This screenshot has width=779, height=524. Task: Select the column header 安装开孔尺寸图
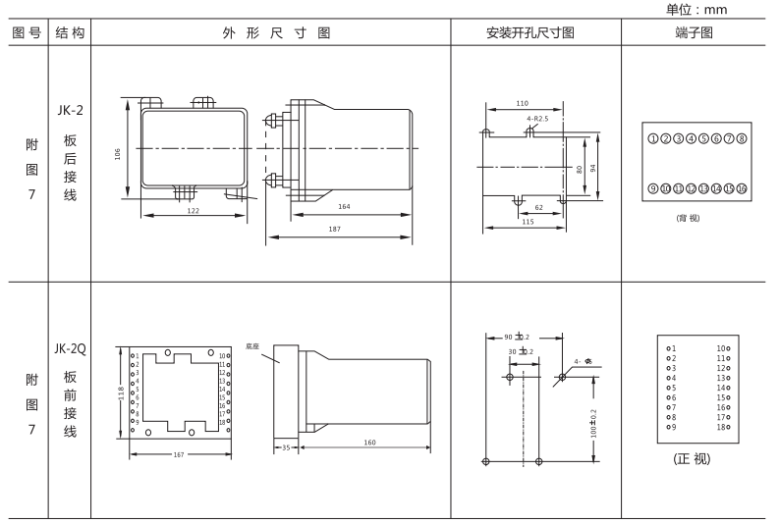530,32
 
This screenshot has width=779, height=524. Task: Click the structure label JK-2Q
70,348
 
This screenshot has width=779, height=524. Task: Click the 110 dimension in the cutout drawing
522,102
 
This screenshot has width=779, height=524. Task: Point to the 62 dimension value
538,208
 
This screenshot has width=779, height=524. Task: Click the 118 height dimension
120,393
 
